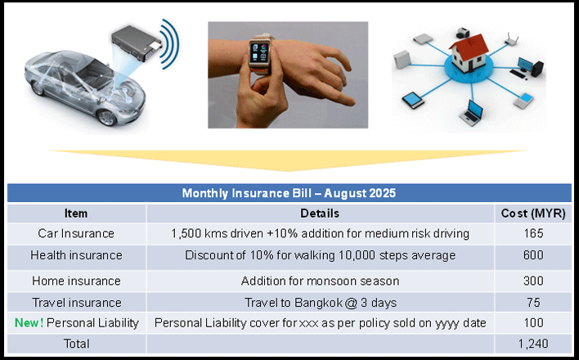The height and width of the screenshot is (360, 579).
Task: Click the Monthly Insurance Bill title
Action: point(289,193)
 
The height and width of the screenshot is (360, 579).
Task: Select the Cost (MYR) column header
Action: point(533,214)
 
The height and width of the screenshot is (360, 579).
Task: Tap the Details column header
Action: point(320,214)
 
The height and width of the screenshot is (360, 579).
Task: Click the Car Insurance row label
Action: point(76,234)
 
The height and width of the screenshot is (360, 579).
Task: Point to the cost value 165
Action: point(533,234)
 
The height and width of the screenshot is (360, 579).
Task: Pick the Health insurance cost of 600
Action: point(533,255)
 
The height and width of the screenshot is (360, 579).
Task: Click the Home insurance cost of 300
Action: point(533,281)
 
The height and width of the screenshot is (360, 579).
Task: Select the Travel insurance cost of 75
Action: point(533,303)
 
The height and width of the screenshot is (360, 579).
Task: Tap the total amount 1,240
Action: point(533,344)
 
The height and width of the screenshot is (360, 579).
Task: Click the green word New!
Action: point(29,323)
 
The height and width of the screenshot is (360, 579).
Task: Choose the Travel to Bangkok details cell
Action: point(321,303)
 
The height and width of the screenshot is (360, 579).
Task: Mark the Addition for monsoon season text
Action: point(320,281)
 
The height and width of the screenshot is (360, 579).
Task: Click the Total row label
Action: point(76,344)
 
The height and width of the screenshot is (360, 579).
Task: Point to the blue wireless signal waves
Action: point(171,43)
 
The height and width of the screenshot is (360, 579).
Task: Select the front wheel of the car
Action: point(106,118)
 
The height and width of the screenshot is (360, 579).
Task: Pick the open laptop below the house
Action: point(472,113)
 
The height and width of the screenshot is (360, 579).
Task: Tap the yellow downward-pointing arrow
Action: point(288,160)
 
